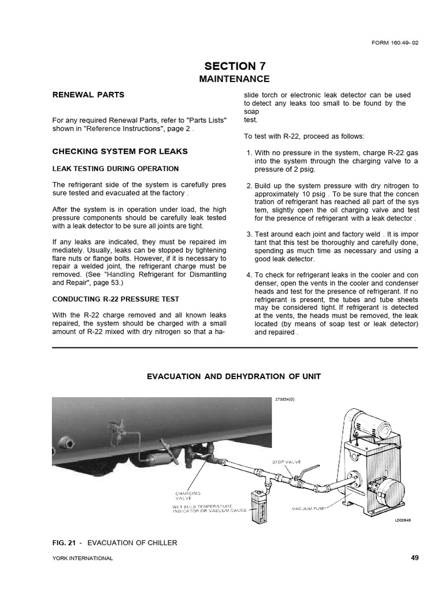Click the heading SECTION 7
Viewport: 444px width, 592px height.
(234, 66)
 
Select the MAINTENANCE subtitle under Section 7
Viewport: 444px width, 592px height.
(234, 79)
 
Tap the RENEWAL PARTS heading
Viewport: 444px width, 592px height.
(88, 94)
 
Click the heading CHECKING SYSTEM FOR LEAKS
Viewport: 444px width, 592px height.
(120, 151)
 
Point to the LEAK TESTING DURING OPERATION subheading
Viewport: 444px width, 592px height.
(115, 169)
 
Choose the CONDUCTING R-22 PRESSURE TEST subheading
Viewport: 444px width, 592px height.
(116, 299)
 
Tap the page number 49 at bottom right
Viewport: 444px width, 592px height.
(413, 557)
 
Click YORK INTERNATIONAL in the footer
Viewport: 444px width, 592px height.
(83, 558)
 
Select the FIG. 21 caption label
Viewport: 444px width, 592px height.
(64, 542)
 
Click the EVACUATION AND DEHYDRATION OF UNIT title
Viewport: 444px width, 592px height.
(234, 376)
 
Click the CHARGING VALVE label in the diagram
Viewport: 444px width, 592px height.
(188, 496)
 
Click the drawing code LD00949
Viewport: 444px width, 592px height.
(404, 521)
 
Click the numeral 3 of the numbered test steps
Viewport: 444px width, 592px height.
(249, 234)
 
